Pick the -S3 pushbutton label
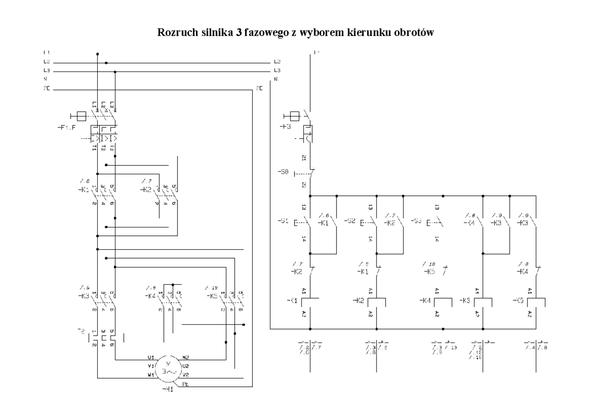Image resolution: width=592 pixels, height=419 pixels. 416,221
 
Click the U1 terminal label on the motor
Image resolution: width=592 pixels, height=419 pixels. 151,357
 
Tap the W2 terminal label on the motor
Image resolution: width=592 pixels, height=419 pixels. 185,357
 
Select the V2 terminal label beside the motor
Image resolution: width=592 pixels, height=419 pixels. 185,375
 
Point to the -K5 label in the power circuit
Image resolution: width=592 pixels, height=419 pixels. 213,296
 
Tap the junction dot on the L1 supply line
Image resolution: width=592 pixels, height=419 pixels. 97,54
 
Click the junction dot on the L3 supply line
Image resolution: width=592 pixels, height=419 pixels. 115,72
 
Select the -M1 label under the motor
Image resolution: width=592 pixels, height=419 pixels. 168,389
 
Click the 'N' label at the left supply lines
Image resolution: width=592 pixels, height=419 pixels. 45,80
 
